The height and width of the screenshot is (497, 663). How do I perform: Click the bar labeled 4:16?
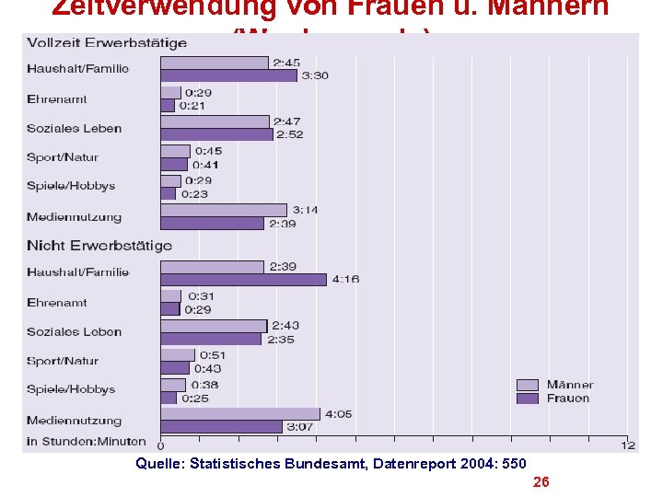tap(243, 279)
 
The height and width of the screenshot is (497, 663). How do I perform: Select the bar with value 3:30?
tap(228, 75)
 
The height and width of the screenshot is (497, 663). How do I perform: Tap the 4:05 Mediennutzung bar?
tap(240, 414)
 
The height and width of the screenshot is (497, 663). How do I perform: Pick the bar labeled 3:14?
tap(224, 210)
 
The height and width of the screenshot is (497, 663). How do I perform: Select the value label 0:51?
tap(213, 355)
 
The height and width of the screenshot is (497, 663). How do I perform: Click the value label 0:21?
tap(193, 106)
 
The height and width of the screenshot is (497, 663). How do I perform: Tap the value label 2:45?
tap(284, 63)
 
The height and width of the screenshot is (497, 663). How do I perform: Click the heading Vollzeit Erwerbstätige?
tap(107, 42)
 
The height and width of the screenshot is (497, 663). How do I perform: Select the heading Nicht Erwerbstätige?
tap(99, 246)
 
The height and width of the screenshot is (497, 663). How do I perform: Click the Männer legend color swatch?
tap(528, 385)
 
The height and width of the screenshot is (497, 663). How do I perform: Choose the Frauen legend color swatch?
tap(528, 399)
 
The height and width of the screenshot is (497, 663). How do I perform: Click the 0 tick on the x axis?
tap(161, 445)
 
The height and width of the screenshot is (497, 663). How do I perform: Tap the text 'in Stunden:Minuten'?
tap(87, 442)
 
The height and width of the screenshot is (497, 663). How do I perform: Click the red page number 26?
tap(541, 482)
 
